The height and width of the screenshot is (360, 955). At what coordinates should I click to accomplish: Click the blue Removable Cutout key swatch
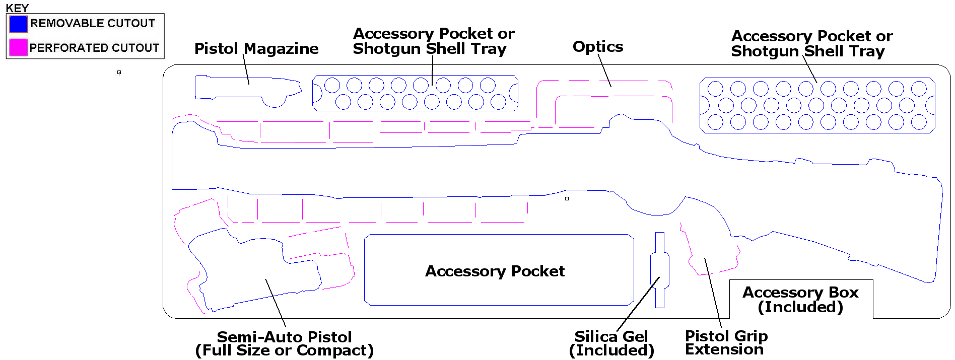click(x=18, y=24)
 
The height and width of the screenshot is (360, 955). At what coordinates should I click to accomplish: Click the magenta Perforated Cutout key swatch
click(x=18, y=47)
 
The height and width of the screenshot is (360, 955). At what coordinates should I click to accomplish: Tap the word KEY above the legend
click(x=17, y=8)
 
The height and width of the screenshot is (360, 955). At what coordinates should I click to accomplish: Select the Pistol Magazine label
click(x=256, y=48)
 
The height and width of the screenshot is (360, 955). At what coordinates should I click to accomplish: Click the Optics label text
click(x=598, y=47)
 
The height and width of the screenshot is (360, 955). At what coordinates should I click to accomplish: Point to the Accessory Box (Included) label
click(x=800, y=299)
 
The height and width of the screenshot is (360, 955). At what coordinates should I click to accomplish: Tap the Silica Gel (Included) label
click(x=611, y=343)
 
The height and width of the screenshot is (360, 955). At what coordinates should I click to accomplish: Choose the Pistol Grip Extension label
click(x=726, y=342)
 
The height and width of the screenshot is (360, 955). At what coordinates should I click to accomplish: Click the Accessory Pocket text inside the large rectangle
click(x=495, y=271)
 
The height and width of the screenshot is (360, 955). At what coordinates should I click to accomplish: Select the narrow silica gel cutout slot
click(x=660, y=270)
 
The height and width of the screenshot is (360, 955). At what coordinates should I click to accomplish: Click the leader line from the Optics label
click(x=604, y=70)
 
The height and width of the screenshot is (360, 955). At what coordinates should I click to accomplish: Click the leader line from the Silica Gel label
click(x=638, y=304)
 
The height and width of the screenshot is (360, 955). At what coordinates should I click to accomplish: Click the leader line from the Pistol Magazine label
click(x=246, y=69)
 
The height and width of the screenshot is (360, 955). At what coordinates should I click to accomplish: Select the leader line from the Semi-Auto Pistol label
click(x=276, y=303)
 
